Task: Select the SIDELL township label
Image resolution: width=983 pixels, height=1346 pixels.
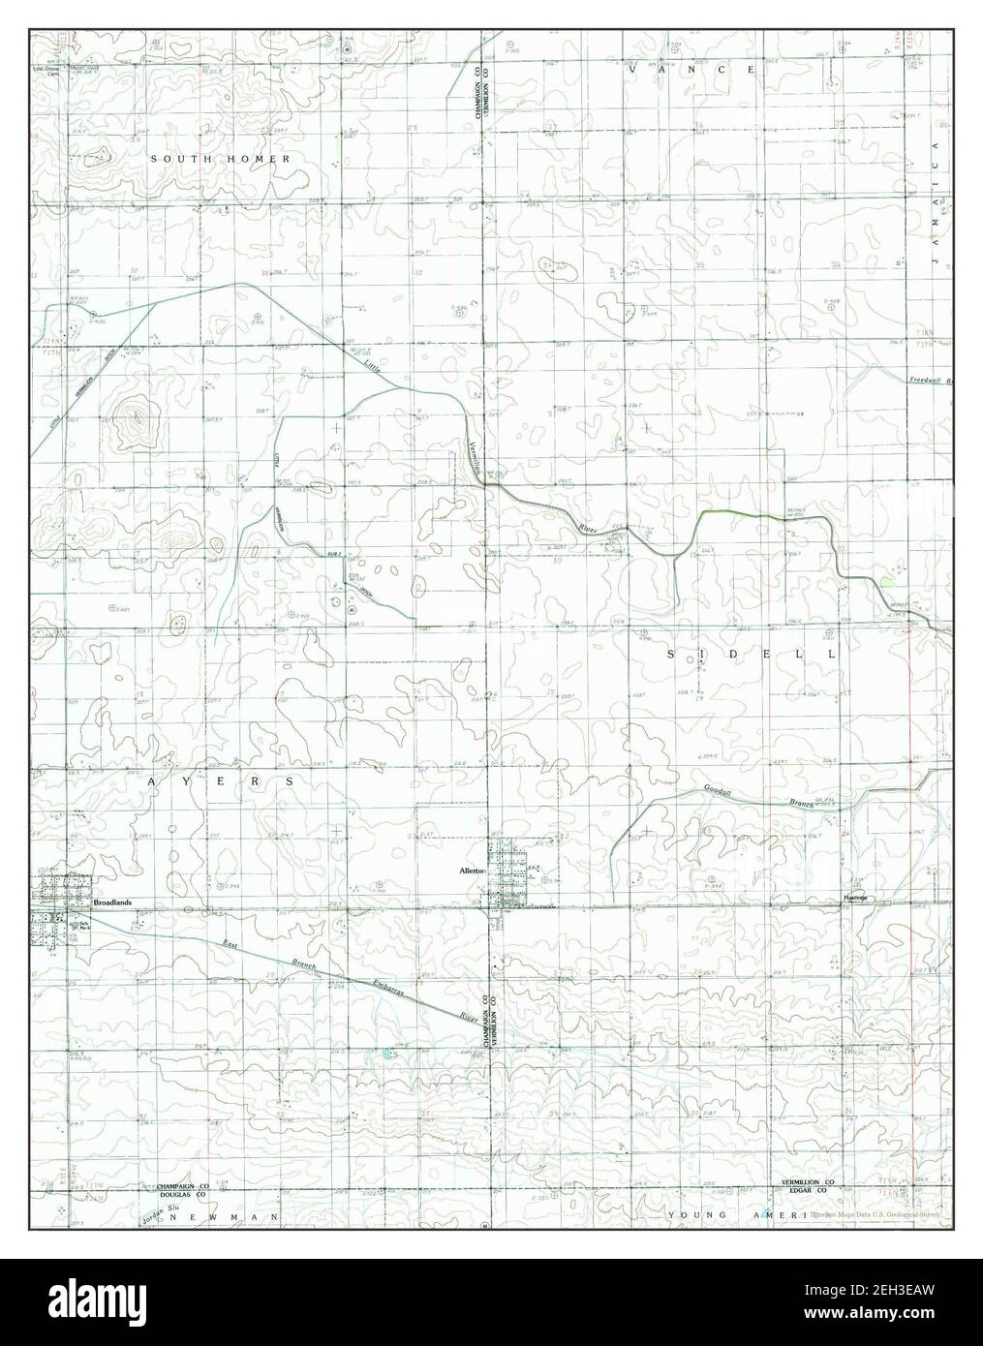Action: [x=750, y=656]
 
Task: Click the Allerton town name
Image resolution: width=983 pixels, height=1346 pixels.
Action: [x=476, y=872]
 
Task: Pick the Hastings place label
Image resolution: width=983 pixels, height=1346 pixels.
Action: [x=853, y=899]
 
